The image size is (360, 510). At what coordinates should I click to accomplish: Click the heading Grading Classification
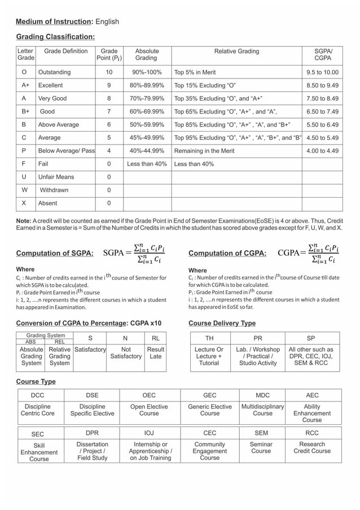[55, 37]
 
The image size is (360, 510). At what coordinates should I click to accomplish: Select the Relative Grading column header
[236, 51]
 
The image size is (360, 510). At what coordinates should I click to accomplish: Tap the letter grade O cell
[24, 72]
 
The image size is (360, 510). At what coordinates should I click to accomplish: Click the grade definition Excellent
[50, 85]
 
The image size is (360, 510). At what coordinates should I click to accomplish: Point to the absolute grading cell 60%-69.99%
[147, 112]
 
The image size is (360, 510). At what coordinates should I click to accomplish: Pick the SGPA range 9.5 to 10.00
[322, 72]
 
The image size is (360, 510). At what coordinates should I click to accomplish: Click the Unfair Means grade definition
[56, 177]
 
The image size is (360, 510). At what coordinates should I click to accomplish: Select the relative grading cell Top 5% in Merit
[195, 72]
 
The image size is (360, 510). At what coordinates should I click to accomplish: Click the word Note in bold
[23, 220]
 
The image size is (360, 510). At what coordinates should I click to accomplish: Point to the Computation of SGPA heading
[55, 254]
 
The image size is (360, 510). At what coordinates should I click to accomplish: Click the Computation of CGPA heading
[227, 254]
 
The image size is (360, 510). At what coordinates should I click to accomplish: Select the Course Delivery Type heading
[222, 323]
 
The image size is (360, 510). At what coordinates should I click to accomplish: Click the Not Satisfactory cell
[126, 353]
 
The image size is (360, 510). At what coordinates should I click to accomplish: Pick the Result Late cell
[155, 353]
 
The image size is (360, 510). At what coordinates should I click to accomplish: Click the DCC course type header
[38, 395]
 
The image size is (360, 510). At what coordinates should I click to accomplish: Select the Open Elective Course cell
[149, 409]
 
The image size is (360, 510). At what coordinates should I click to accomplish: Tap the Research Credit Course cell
[312, 448]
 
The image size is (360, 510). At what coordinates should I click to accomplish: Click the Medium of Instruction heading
[54, 21]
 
